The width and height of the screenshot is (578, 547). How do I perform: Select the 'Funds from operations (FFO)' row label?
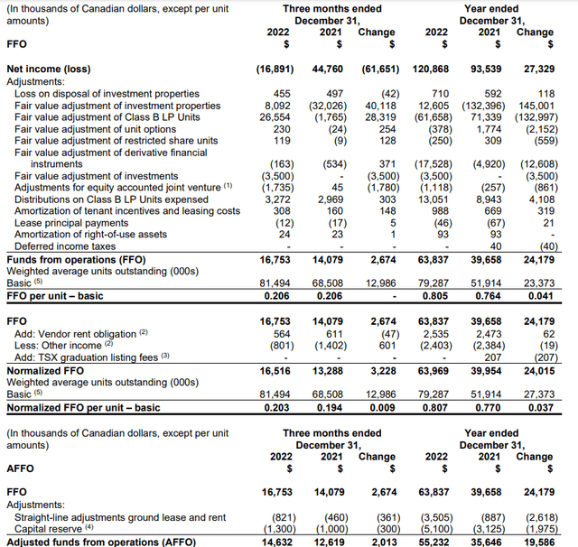coord(73,258)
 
